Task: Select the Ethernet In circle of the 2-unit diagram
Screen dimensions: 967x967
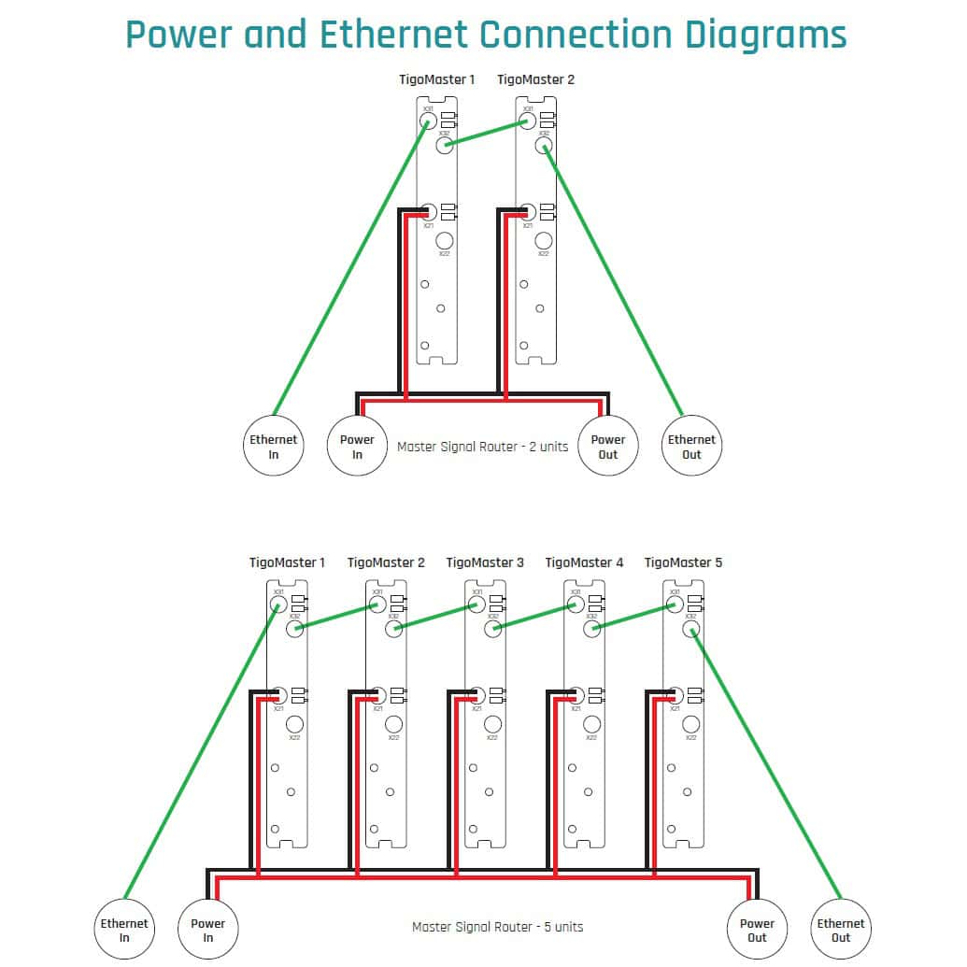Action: [x=273, y=447]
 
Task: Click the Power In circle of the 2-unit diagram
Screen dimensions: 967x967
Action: [x=357, y=447]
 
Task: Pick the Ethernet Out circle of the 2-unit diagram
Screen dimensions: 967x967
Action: [x=691, y=447]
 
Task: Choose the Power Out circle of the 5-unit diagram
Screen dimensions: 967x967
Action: [x=757, y=931]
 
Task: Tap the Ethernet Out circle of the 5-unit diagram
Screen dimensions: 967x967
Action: [x=841, y=931]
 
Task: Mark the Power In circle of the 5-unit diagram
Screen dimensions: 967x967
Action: [x=207, y=931]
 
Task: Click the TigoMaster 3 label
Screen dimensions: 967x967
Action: [x=485, y=562]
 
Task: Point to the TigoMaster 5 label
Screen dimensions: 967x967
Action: [x=683, y=562]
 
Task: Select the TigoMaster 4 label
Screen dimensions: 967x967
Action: [x=584, y=562]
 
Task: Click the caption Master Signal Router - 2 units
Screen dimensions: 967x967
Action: [x=482, y=447]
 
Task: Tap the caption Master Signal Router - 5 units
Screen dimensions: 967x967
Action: [x=497, y=927]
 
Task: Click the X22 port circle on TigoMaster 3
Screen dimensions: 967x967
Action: [x=492, y=724]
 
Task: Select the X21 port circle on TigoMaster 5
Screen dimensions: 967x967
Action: [x=674, y=696]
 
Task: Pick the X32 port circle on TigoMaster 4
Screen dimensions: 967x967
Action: [x=591, y=629]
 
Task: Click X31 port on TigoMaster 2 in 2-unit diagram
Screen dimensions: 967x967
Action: [x=527, y=119]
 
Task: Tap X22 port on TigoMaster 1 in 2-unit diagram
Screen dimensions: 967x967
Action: [x=444, y=240]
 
